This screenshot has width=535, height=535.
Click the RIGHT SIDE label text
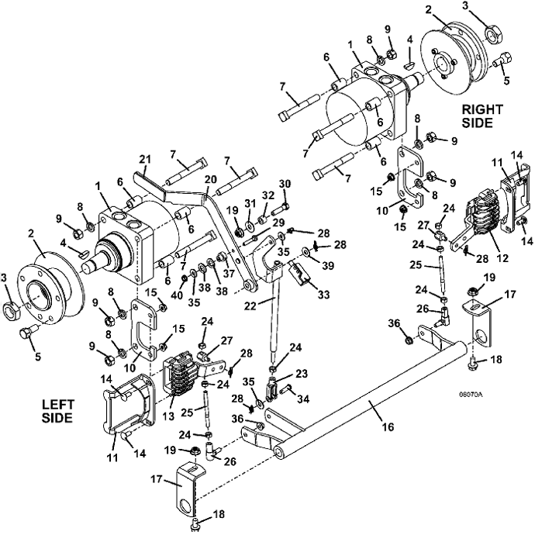(x=482, y=116)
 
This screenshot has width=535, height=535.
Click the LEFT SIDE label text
(x=57, y=411)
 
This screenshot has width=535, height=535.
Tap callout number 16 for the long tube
(x=388, y=426)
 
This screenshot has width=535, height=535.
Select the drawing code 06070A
(x=471, y=395)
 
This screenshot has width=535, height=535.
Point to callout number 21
(x=145, y=160)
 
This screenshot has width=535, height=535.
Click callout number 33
(x=323, y=294)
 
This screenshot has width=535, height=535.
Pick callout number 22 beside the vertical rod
(x=250, y=306)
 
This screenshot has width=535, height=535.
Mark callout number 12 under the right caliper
(x=502, y=257)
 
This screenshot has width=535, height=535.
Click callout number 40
(x=178, y=295)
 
